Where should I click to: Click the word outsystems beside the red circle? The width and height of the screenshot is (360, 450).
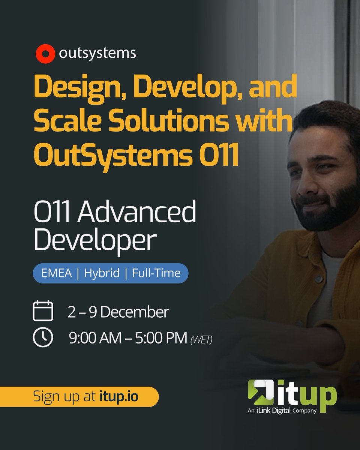[97, 54]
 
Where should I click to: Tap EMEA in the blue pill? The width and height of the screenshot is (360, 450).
[56, 273]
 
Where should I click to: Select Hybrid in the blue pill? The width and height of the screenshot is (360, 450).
[102, 273]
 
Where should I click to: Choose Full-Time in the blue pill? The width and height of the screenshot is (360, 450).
[156, 273]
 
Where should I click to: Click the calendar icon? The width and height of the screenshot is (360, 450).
[43, 311]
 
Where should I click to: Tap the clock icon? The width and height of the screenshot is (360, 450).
[43, 337]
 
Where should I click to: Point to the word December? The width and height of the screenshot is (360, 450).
[135, 312]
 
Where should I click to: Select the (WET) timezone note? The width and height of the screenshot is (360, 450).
[201, 340]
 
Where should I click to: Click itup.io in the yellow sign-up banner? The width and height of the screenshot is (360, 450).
[119, 397]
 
